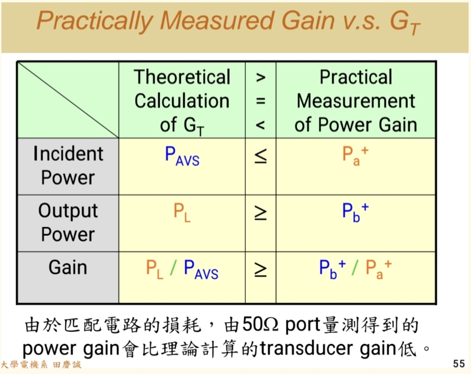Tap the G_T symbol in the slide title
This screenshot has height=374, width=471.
click(x=404, y=22)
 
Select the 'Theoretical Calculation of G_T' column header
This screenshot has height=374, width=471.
click(x=182, y=100)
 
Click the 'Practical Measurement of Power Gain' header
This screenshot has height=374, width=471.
click(x=356, y=100)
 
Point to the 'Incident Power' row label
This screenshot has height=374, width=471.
click(x=68, y=166)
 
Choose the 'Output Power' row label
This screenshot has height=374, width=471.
click(x=68, y=222)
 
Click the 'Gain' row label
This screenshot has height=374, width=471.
click(x=68, y=268)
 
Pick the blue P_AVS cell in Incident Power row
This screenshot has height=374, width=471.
click(x=182, y=156)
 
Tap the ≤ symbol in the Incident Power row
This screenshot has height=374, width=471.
click(x=260, y=156)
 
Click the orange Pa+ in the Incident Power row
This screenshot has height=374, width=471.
click(x=355, y=156)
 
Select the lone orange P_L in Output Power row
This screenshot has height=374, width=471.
click(x=182, y=213)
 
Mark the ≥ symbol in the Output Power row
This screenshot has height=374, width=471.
click(x=260, y=213)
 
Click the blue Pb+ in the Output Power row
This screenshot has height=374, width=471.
click(x=355, y=212)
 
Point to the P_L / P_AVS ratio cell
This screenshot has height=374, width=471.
click(x=182, y=269)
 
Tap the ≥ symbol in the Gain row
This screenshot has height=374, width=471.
click(x=260, y=269)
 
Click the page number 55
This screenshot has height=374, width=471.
click(x=458, y=364)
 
